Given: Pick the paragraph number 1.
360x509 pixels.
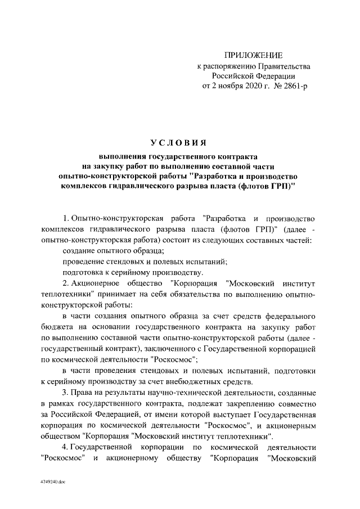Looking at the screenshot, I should [65, 218].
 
